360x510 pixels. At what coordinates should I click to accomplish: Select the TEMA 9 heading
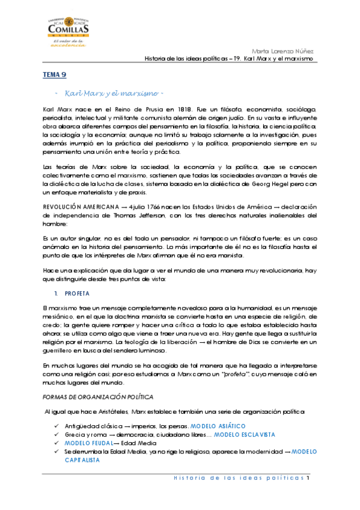(x=54, y=74)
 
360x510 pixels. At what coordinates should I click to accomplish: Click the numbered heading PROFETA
(x=77, y=293)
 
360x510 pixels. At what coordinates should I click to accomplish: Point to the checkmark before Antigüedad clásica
(x=56, y=426)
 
